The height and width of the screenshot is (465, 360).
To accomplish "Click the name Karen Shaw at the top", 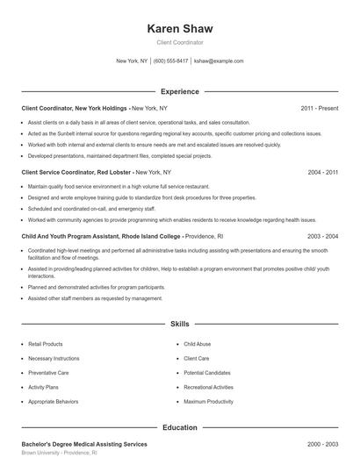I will point(180,28).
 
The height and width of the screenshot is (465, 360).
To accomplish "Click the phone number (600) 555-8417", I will point(171,61).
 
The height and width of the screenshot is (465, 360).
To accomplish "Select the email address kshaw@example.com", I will point(219,61).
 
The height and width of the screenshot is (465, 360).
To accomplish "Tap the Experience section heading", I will point(180,91).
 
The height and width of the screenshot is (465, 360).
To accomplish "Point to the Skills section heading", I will point(180,324).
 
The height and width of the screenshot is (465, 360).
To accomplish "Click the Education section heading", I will point(180,428).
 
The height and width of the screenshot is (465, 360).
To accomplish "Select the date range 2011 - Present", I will point(320,108).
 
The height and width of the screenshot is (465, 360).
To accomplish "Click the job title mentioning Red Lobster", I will point(76,173).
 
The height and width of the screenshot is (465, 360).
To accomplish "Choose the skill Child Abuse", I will point(198,345).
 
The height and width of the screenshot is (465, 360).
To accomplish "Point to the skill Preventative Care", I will point(49,373).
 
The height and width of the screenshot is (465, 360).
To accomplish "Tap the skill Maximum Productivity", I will point(208,401).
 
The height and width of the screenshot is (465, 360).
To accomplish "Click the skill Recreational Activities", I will point(208,387).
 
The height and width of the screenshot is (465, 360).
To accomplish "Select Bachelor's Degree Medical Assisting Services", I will point(84,445).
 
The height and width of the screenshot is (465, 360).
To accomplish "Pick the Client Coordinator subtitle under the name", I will point(180,42).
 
